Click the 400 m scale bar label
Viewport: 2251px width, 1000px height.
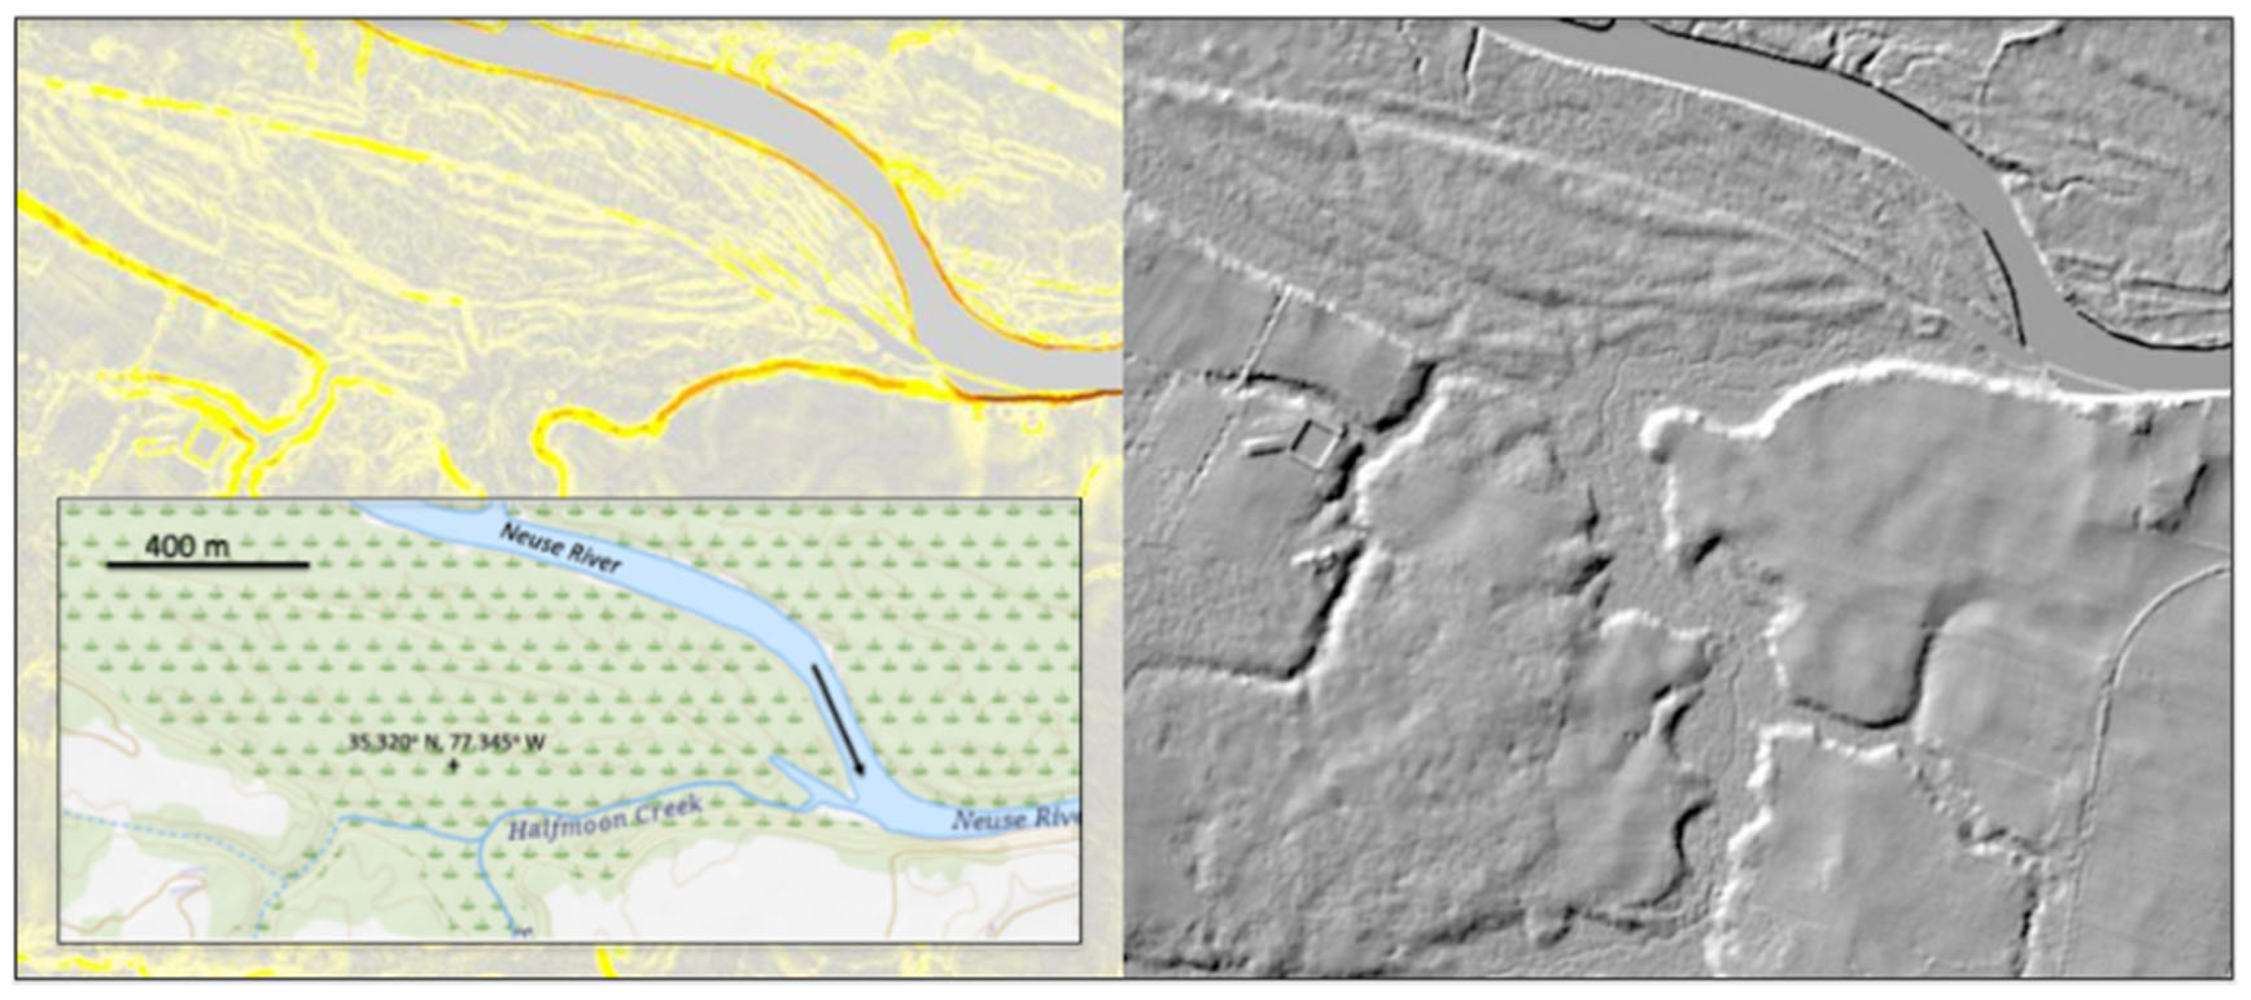(187, 547)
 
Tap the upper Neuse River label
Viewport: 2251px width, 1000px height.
(559, 547)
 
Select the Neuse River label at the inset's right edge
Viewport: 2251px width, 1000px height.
(1015, 820)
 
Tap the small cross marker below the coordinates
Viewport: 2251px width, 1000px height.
(452, 766)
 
